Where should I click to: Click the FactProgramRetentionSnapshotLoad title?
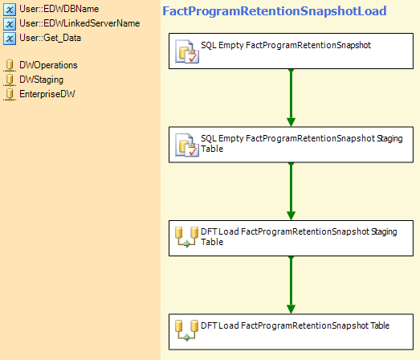[275, 11]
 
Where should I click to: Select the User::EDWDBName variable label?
[59, 9]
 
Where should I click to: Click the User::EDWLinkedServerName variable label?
[80, 23]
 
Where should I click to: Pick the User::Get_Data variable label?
[50, 38]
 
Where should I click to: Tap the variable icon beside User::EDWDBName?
[10, 10]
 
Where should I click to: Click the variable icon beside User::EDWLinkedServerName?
[10, 24]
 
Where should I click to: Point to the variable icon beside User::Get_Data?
[10, 39]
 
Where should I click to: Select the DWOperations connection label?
[48, 65]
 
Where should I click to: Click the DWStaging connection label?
[42, 80]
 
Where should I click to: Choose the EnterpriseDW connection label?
[47, 94]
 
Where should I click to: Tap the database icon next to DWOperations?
[10, 66]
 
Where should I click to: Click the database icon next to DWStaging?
[10, 80]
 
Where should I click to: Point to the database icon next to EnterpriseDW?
[10, 95]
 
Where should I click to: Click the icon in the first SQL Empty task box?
[187, 51]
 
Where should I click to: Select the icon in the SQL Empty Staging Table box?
[187, 145]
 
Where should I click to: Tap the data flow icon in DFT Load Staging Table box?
[186, 237]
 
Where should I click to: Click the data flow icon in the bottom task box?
[186, 330]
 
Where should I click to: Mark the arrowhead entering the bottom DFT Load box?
[292, 309]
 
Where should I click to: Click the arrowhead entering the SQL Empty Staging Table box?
[292, 122]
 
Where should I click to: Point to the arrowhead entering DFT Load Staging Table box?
[292, 215]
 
